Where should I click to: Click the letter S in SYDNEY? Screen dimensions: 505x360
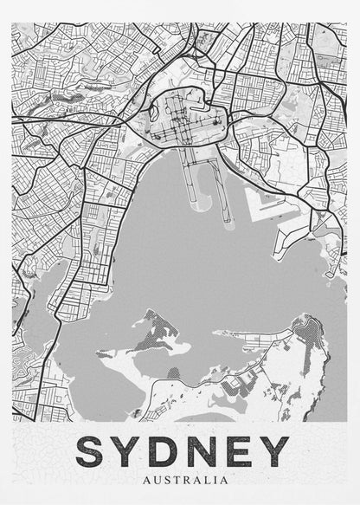(94, 451)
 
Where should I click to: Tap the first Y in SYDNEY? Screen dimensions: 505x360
(132, 451)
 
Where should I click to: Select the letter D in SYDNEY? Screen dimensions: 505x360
(167, 451)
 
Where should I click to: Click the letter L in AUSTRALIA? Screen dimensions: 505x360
(197, 478)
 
